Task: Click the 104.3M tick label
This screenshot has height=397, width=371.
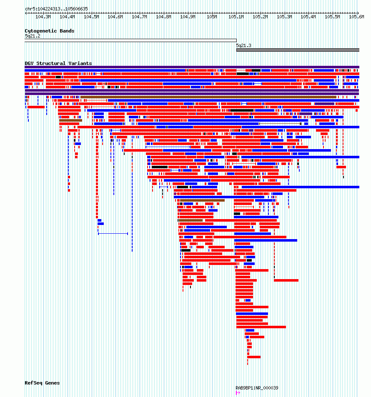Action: (x=43, y=17)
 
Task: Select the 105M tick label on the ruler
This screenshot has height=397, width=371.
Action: (x=212, y=17)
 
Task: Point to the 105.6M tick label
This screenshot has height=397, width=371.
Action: (x=356, y=17)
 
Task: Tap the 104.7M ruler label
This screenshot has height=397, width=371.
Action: (x=139, y=17)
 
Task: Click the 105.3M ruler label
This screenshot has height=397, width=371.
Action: (x=284, y=17)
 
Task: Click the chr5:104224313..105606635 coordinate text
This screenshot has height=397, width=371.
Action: (x=56, y=9)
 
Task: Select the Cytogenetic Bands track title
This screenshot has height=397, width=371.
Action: (x=50, y=31)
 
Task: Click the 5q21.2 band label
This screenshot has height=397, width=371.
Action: (x=33, y=36)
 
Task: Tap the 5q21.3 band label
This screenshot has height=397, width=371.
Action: (x=243, y=45)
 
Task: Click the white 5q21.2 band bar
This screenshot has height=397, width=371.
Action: (x=130, y=40)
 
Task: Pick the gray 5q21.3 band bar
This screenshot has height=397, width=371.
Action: (x=298, y=50)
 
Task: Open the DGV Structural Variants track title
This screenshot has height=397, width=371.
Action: (x=58, y=63)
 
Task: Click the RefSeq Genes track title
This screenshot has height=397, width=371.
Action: (x=42, y=383)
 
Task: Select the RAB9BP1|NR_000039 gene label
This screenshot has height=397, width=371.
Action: (x=257, y=388)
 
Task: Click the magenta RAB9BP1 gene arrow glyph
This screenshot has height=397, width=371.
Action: (x=238, y=393)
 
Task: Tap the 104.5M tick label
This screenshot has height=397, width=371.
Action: (x=91, y=17)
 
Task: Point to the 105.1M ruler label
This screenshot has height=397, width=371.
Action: (x=236, y=17)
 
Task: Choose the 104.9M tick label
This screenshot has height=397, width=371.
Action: (x=188, y=17)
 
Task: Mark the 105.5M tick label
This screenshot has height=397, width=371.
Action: (x=332, y=17)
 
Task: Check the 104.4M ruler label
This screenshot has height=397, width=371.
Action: (x=67, y=17)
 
